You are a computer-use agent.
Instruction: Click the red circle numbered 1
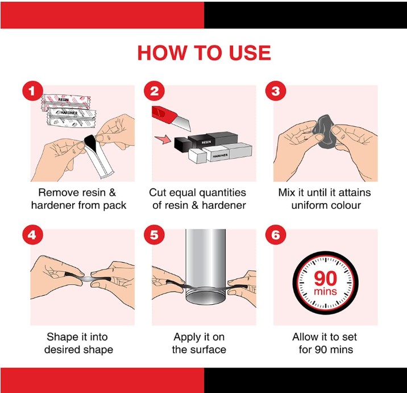tap(32, 91)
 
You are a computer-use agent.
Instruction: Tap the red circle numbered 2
tap(154, 91)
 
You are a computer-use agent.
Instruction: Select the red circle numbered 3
tap(275, 91)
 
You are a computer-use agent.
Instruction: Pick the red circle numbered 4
tap(32, 235)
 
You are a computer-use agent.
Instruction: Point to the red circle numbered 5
tap(154, 235)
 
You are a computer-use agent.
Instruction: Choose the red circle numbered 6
tap(275, 235)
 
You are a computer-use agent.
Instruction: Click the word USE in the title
tap(250, 53)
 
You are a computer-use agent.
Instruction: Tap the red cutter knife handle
tap(164, 114)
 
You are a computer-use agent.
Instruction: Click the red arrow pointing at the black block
tap(163, 140)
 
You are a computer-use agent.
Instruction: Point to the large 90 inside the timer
tap(325, 279)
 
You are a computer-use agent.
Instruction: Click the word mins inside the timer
tap(325, 291)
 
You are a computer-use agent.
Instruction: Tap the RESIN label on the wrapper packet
tap(64, 100)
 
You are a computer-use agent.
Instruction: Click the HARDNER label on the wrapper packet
tap(69, 113)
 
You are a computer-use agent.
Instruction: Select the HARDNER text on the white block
tap(220, 156)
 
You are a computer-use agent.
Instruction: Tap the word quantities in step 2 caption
tap(222, 193)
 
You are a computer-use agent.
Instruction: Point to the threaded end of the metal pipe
tap(206, 297)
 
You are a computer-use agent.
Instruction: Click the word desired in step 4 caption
tap(60, 350)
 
